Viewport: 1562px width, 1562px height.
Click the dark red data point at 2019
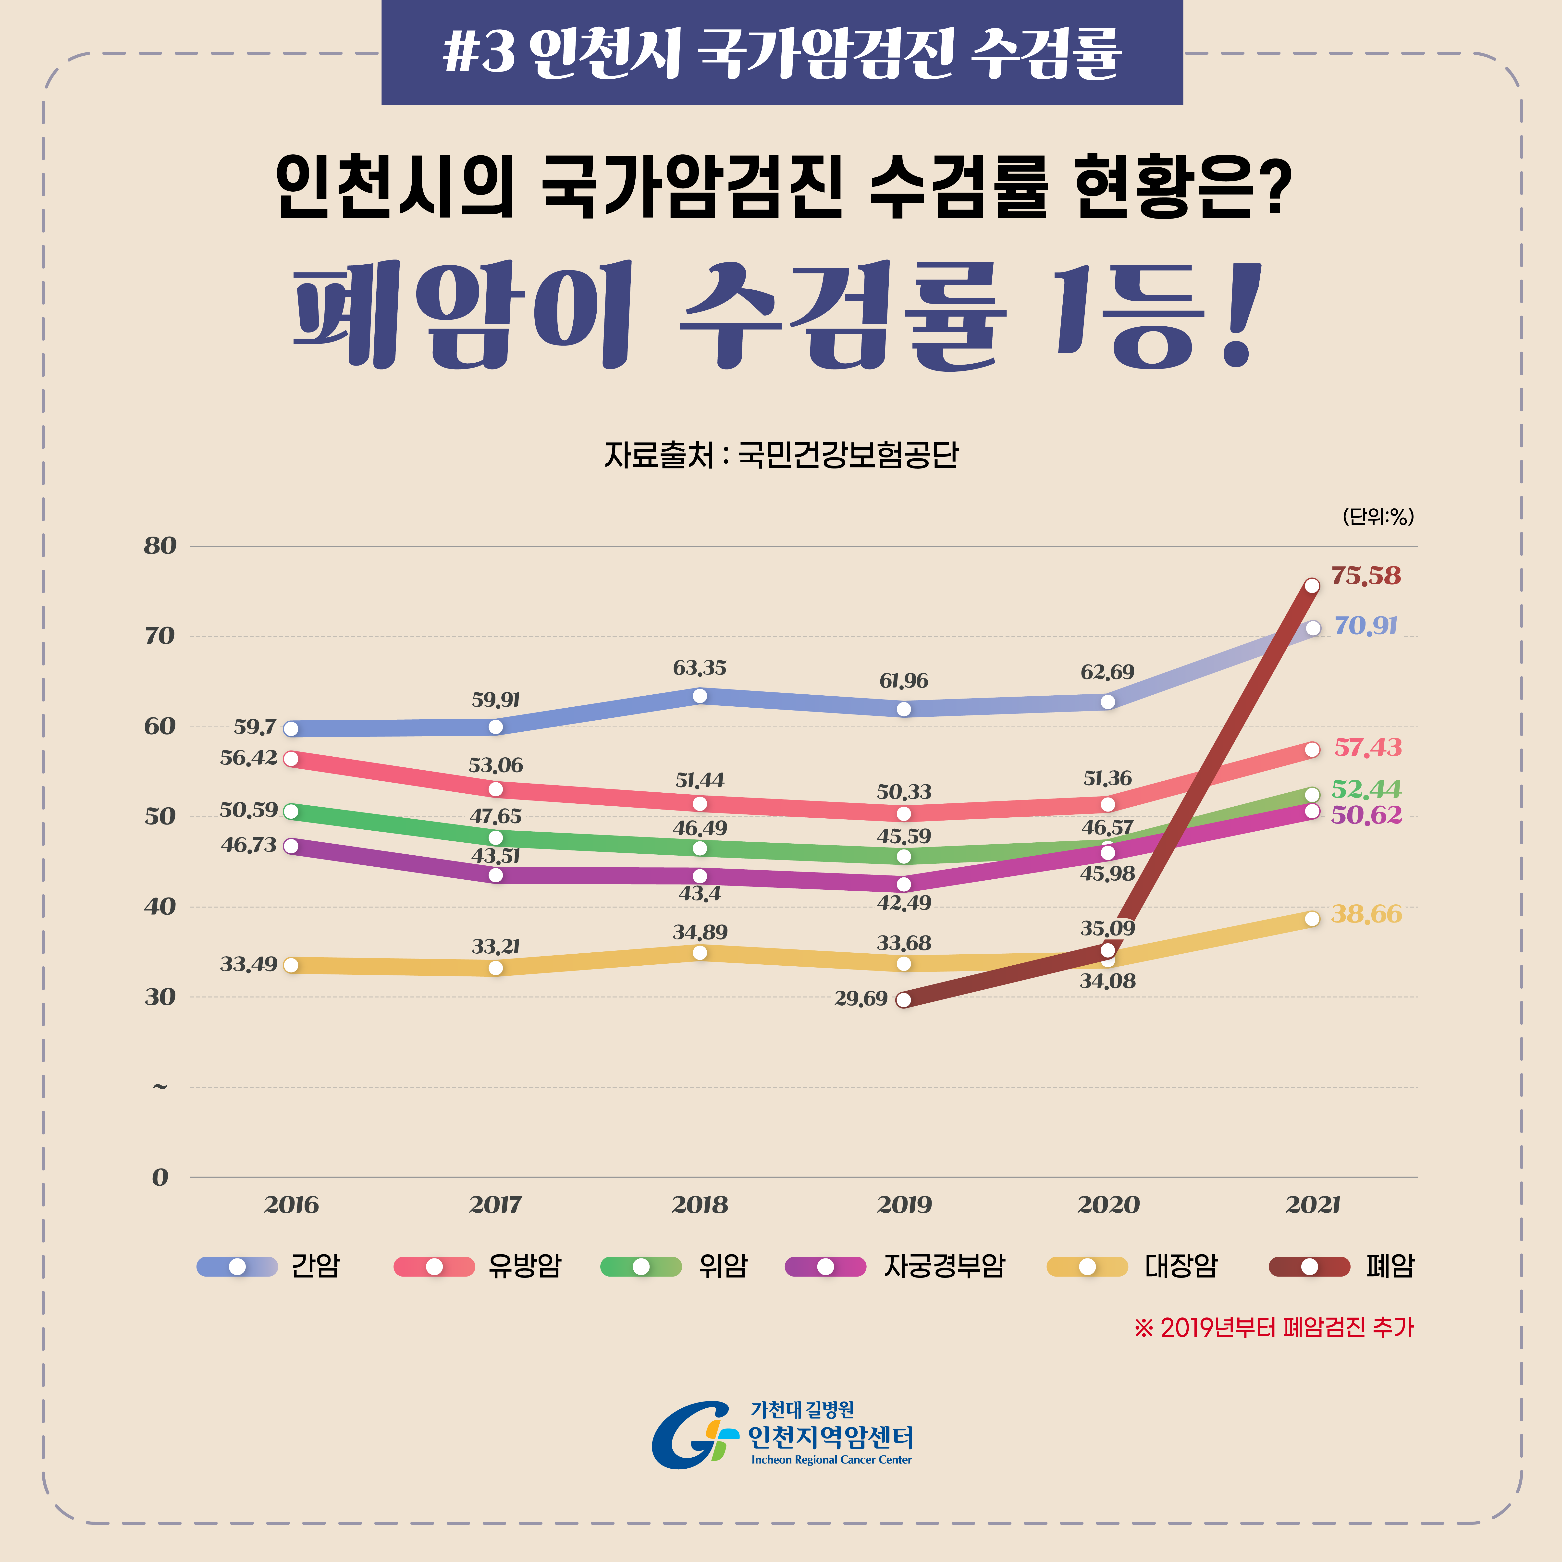click(904, 1000)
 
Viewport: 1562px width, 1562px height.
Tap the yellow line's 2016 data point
click(291, 965)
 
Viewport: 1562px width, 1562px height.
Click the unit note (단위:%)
click(1378, 516)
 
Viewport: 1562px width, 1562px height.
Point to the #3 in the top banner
click(479, 52)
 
